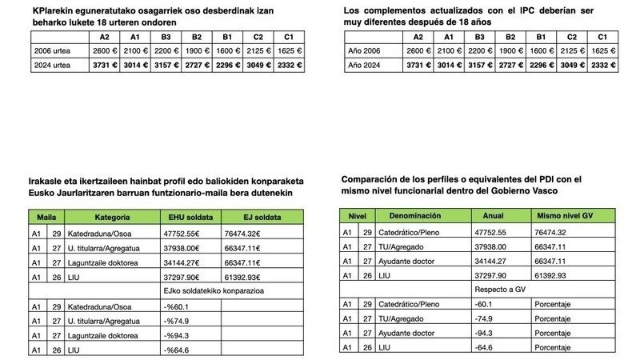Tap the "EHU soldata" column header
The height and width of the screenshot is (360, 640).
click(185, 217)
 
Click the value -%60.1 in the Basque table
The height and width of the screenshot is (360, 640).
click(178, 306)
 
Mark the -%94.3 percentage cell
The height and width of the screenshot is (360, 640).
click(178, 335)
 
